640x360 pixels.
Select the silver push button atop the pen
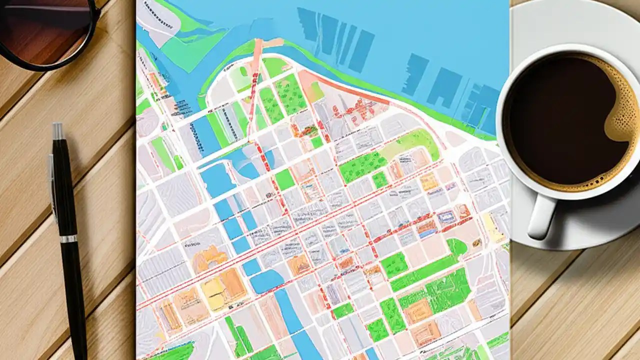click(58, 131)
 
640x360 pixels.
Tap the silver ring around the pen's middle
click(69, 239)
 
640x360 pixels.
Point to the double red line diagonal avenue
click(280, 235)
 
